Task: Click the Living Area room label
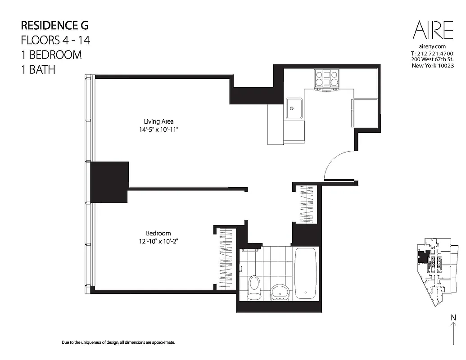pos(158,121)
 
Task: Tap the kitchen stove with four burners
pos(327,80)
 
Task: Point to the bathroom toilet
pos(254,287)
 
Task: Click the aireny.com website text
pos(432,46)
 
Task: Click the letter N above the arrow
pos(452,318)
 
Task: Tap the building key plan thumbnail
pos(434,273)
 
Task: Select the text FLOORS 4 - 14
pos(55,40)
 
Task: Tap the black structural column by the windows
pos(109,182)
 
